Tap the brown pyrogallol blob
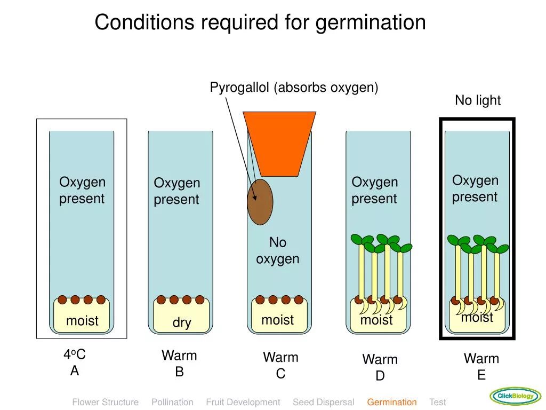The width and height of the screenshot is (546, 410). [260, 202]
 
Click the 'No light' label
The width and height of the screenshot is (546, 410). [477, 100]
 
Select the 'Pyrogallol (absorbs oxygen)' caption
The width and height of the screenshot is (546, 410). [294, 88]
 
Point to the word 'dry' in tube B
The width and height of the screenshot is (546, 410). [182, 322]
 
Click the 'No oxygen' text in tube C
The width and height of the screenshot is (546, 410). [277, 250]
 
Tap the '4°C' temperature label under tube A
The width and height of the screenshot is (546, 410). [75, 354]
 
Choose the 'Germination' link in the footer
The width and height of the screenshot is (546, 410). [391, 402]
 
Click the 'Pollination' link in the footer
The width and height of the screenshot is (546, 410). [172, 402]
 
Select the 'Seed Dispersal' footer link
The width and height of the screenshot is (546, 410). [323, 402]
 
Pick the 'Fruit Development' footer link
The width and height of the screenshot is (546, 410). [243, 402]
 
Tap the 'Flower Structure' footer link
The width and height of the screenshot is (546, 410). [105, 402]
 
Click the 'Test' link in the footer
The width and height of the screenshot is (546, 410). [437, 402]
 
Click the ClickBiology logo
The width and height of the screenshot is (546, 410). [515, 396]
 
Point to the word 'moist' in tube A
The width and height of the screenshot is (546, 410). [82, 321]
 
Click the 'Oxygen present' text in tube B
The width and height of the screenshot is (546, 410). [176, 191]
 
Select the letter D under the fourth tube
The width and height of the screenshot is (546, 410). [380, 376]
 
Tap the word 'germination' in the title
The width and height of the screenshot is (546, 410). [371, 22]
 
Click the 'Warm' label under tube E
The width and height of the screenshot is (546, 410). [481, 358]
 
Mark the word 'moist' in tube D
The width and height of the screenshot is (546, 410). [376, 320]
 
